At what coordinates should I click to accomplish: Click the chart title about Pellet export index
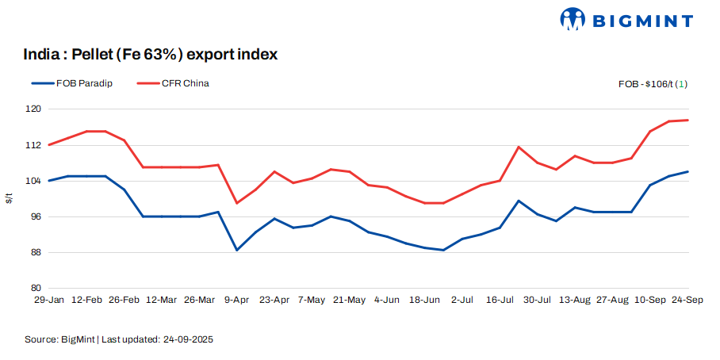point(151,55)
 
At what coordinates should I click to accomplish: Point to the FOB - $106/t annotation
point(653,84)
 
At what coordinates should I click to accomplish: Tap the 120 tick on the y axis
point(33,109)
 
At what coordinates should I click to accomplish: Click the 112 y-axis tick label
point(33,145)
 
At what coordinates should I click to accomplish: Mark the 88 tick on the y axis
point(36,252)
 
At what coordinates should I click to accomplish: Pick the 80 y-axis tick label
point(36,288)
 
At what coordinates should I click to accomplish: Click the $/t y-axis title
point(10,198)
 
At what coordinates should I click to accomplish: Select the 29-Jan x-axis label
point(48,301)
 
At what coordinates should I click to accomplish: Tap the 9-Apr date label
point(237,301)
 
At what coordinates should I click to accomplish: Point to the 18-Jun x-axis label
point(424,301)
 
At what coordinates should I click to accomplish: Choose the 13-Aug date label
point(575,301)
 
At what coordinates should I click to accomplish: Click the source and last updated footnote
point(119,339)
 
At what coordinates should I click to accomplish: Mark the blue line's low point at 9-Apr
point(237,250)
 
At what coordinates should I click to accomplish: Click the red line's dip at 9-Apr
point(237,203)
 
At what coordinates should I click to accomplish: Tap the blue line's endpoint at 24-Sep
point(687,171)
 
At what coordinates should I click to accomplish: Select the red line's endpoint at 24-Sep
point(687,121)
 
